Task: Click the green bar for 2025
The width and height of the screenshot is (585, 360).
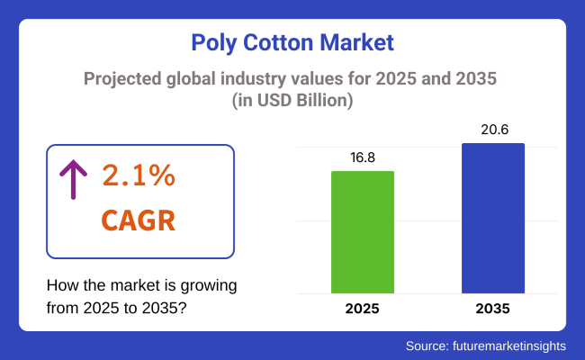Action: [363, 231]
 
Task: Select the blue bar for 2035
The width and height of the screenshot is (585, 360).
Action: [493, 218]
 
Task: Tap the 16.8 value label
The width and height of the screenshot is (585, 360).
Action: [363, 157]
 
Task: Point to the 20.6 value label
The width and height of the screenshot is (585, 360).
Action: [493, 130]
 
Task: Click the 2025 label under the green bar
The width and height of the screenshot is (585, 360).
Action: [363, 309]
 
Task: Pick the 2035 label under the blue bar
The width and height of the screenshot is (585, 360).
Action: [493, 309]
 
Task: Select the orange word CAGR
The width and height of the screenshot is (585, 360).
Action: [138, 220]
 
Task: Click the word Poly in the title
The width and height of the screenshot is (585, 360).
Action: [216, 41]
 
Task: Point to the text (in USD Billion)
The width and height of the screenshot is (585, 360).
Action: [292, 101]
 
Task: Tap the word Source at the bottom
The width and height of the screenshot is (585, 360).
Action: [424, 345]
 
